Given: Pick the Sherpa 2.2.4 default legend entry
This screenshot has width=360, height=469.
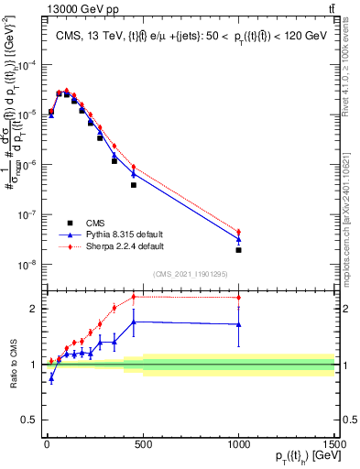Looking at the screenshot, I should point(117,246).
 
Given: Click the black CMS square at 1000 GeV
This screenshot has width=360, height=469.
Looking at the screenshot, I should point(238,250).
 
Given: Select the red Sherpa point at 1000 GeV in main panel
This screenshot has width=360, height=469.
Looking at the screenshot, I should point(238,233).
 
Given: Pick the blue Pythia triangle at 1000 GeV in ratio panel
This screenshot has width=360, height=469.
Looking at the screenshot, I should point(238,324).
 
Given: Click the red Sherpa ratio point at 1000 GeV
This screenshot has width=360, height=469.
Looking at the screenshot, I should point(238,298).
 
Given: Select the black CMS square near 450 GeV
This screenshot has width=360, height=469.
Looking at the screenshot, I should point(133,185).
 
